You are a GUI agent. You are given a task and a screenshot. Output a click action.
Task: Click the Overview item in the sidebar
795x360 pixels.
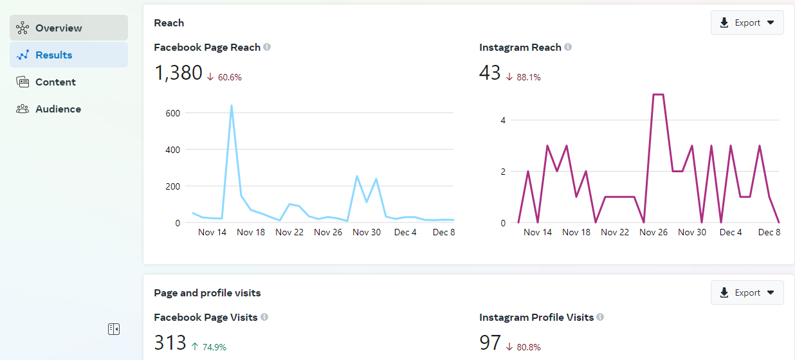click(68, 28)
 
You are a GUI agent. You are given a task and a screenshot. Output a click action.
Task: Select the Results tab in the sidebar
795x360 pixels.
click(68, 55)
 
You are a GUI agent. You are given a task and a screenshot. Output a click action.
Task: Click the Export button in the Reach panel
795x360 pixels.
click(747, 22)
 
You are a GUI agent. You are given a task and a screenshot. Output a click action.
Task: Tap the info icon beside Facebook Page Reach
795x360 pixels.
click(267, 47)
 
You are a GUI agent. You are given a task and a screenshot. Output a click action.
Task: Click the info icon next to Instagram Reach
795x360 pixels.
click(568, 47)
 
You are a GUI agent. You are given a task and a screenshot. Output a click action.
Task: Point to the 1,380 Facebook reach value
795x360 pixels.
click(178, 73)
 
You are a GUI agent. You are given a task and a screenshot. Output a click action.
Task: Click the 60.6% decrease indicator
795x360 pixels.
click(224, 77)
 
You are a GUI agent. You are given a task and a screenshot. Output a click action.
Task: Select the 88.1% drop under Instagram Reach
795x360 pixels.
click(524, 77)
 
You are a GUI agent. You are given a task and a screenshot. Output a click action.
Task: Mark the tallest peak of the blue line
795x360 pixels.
click(232, 106)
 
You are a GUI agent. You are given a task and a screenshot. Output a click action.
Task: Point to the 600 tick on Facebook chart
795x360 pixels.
click(173, 113)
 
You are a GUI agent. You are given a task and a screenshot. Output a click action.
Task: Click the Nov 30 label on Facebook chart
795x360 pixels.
click(367, 232)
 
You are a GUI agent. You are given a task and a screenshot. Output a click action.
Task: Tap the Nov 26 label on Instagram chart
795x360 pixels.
click(653, 232)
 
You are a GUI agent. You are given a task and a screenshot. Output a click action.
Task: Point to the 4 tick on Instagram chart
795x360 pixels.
click(504, 120)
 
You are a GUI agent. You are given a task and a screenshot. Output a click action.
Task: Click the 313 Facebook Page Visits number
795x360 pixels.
click(170, 343)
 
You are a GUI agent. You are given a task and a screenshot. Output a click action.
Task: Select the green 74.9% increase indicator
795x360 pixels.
click(210, 347)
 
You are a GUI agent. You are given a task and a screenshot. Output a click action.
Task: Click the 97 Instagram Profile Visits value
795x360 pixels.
click(490, 343)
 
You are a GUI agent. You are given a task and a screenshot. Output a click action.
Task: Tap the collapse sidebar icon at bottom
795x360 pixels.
click(114, 329)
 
